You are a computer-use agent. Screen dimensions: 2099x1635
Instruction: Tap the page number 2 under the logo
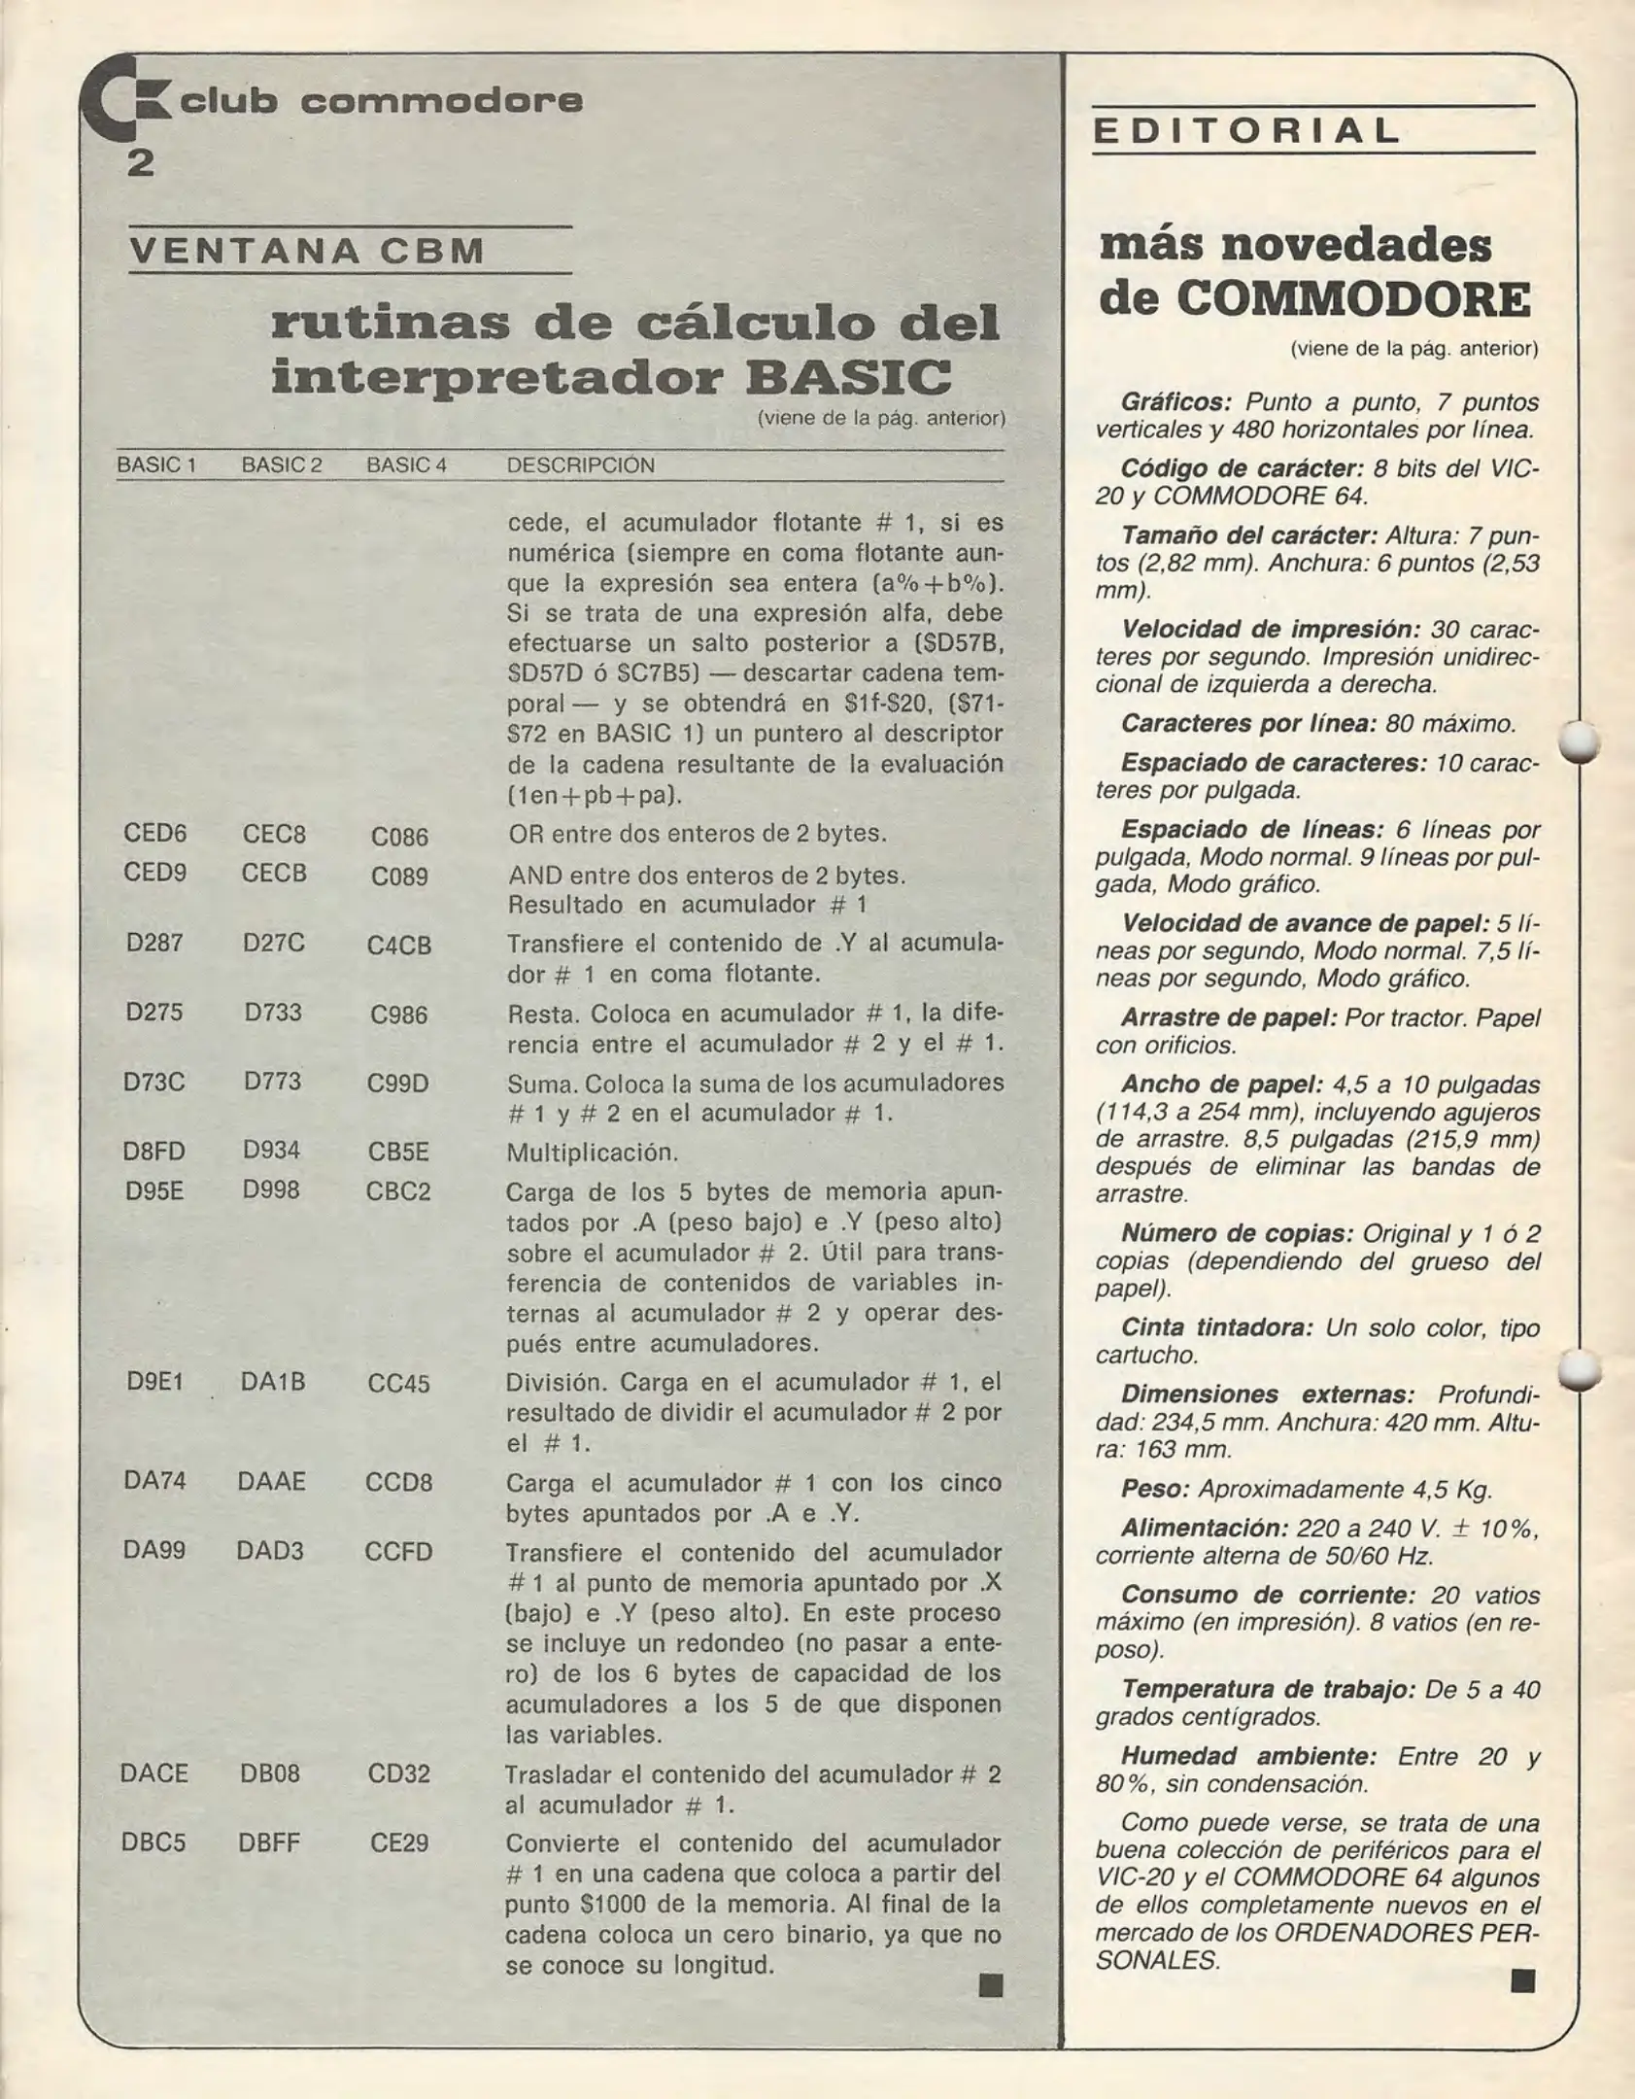pos(140,163)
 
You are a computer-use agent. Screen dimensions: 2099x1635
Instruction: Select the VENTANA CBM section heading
pos(307,251)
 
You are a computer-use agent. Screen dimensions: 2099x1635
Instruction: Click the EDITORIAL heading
pos(1247,131)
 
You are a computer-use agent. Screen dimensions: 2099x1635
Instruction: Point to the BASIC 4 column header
pos(406,465)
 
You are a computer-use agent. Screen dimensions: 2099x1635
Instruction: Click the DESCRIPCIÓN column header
pos(580,465)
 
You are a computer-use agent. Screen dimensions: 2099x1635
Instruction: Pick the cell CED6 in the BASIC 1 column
pos(155,833)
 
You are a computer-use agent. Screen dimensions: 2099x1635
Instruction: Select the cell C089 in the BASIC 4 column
pos(399,877)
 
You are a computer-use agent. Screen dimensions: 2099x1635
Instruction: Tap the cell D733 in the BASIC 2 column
pos(273,1013)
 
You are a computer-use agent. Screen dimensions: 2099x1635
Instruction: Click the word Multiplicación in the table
pos(592,1153)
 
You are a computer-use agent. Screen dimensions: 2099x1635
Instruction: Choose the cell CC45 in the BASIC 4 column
pos(398,1384)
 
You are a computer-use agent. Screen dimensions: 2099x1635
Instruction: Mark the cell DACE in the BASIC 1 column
pos(153,1773)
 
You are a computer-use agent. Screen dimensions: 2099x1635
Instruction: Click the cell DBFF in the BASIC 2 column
pos(269,1842)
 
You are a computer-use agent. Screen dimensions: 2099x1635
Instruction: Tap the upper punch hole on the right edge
pos(1579,742)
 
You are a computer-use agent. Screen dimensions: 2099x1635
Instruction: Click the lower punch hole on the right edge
pos(1579,1369)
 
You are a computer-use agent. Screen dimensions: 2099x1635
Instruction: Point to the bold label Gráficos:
pos(1176,401)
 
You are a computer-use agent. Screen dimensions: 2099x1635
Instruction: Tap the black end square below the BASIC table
pos(990,1985)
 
